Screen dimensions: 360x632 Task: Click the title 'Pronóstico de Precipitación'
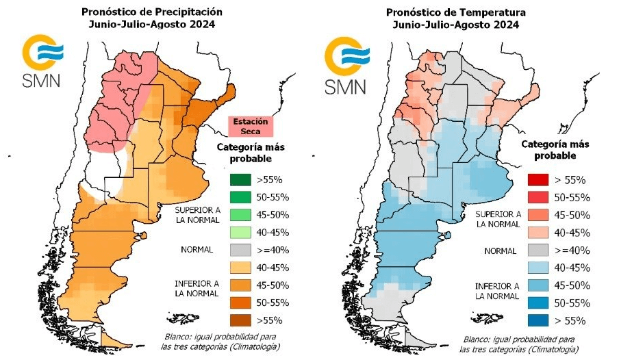point(151,12)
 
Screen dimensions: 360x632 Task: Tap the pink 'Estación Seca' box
point(250,126)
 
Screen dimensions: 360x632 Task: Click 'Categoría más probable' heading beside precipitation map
point(251,153)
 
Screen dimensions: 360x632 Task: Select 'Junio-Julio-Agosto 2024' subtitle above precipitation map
point(151,25)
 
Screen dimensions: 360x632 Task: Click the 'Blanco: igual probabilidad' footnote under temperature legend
point(518,344)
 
